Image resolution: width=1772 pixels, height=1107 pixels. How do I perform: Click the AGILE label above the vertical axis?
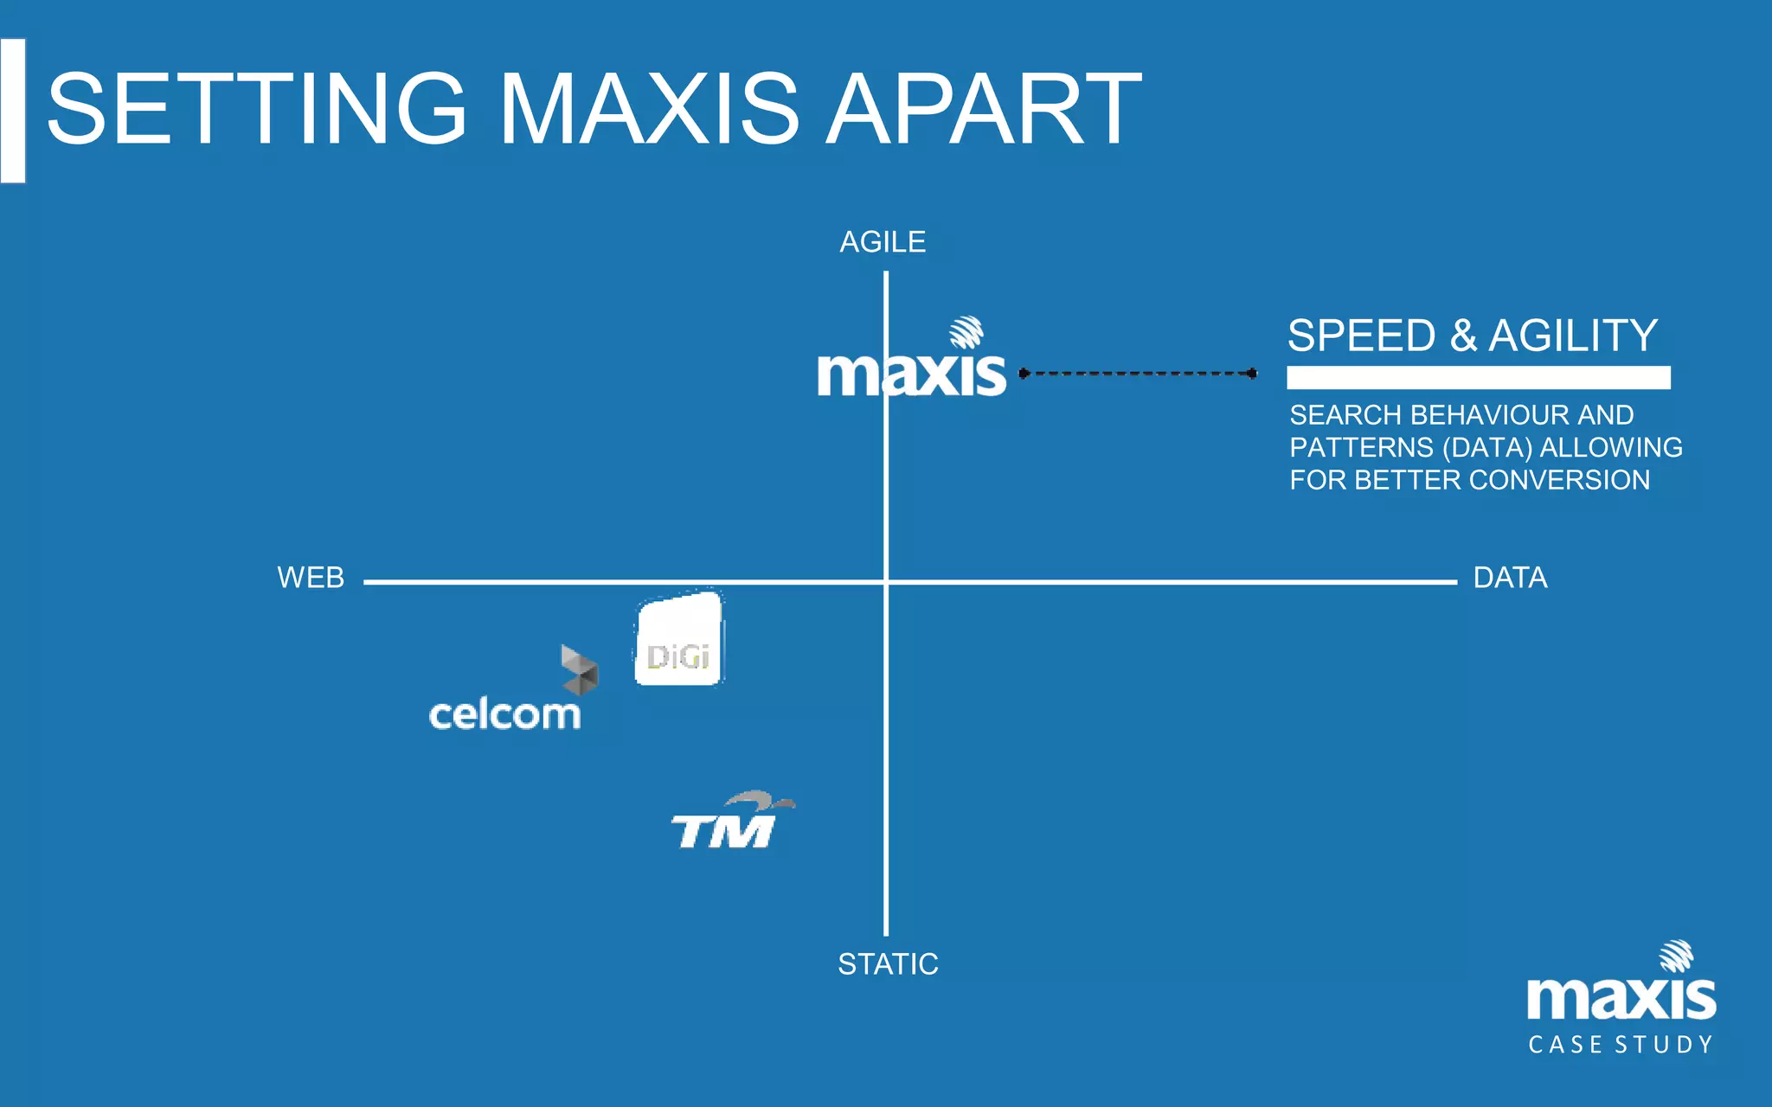pos(883,242)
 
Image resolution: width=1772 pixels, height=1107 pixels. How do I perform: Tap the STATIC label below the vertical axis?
pos(888,963)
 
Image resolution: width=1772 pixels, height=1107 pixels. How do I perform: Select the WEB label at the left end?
pos(311,578)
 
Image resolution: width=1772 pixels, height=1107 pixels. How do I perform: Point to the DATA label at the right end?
pos(1510,578)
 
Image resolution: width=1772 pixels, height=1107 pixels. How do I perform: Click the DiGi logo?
pos(679,640)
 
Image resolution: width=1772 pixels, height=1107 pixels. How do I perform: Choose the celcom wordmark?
pos(504,715)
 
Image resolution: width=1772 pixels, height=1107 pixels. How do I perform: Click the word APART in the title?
pos(984,110)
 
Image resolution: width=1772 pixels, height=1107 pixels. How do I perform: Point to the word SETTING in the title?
pos(257,110)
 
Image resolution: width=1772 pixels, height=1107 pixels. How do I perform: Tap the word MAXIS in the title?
pos(649,110)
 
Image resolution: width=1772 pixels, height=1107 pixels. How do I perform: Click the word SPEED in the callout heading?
pos(1361,336)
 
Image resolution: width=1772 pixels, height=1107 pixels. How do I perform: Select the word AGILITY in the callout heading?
pos(1573,336)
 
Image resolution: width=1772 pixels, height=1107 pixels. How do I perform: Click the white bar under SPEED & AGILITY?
pos(1478,378)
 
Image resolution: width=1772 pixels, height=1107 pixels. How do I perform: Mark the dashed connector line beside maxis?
pos(1138,374)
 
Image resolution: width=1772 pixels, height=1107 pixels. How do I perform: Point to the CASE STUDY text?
pos(1621,1045)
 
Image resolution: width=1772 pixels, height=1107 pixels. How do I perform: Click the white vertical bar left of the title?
pos(13,111)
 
